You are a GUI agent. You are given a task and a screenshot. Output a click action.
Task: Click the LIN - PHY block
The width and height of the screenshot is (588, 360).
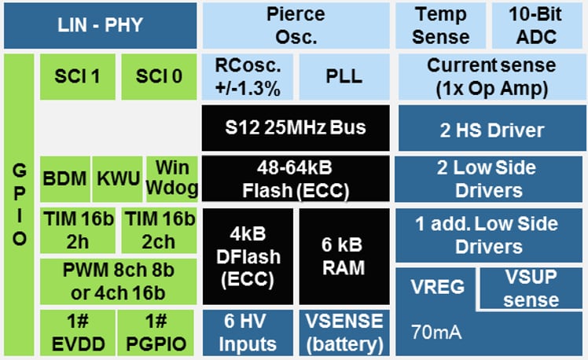point(100,25)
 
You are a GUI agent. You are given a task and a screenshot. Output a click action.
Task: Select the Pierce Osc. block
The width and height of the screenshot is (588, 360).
point(294,25)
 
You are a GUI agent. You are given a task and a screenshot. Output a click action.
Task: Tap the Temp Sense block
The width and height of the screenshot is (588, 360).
point(441,25)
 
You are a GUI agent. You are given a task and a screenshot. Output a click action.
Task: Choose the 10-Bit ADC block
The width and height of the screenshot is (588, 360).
point(536,25)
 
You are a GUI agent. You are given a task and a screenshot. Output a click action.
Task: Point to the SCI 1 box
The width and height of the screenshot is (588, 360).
point(77,77)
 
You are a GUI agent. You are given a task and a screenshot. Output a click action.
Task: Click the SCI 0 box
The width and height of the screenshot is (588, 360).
point(158,77)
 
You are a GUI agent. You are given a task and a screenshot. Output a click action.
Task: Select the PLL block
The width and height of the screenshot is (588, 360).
point(344,77)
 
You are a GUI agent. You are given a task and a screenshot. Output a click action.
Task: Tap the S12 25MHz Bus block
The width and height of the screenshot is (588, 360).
point(294,127)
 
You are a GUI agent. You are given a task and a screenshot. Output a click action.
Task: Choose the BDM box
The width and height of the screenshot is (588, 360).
point(64,178)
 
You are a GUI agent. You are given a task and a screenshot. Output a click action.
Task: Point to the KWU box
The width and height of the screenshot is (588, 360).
point(119,178)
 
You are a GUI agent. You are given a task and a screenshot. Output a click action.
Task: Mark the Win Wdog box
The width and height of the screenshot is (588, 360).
point(171,178)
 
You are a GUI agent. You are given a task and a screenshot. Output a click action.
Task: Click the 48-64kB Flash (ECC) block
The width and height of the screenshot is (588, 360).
point(294,178)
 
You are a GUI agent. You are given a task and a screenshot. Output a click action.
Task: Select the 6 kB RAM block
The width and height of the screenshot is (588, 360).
point(343,256)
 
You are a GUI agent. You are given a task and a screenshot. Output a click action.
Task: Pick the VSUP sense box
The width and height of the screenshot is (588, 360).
point(531,289)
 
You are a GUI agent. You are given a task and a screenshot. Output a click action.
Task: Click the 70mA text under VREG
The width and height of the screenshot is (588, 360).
point(435,331)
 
